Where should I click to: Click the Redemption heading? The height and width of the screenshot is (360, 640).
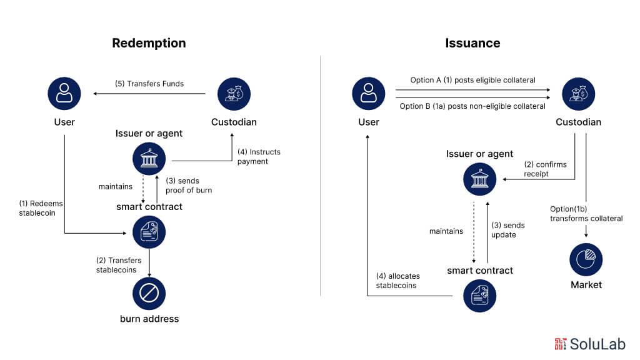[149, 43]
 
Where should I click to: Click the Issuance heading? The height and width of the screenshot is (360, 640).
[472, 43]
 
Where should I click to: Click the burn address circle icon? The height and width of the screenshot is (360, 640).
[149, 294]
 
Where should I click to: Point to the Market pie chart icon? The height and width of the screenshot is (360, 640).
[586, 259]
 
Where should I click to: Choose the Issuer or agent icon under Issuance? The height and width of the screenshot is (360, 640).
[479, 181]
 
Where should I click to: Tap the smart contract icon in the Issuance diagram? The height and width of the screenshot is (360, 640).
[479, 296]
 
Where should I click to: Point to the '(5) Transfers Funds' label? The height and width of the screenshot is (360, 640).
[149, 84]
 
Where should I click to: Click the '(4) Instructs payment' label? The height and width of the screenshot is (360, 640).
[259, 156]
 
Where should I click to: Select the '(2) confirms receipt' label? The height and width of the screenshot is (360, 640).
[545, 169]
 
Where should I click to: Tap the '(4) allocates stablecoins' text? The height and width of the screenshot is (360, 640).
[398, 281]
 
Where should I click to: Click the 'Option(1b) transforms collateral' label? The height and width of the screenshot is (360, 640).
[586, 213]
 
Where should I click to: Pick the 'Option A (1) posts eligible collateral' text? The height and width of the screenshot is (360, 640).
[472, 80]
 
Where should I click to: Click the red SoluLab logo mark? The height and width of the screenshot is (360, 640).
[561, 343]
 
